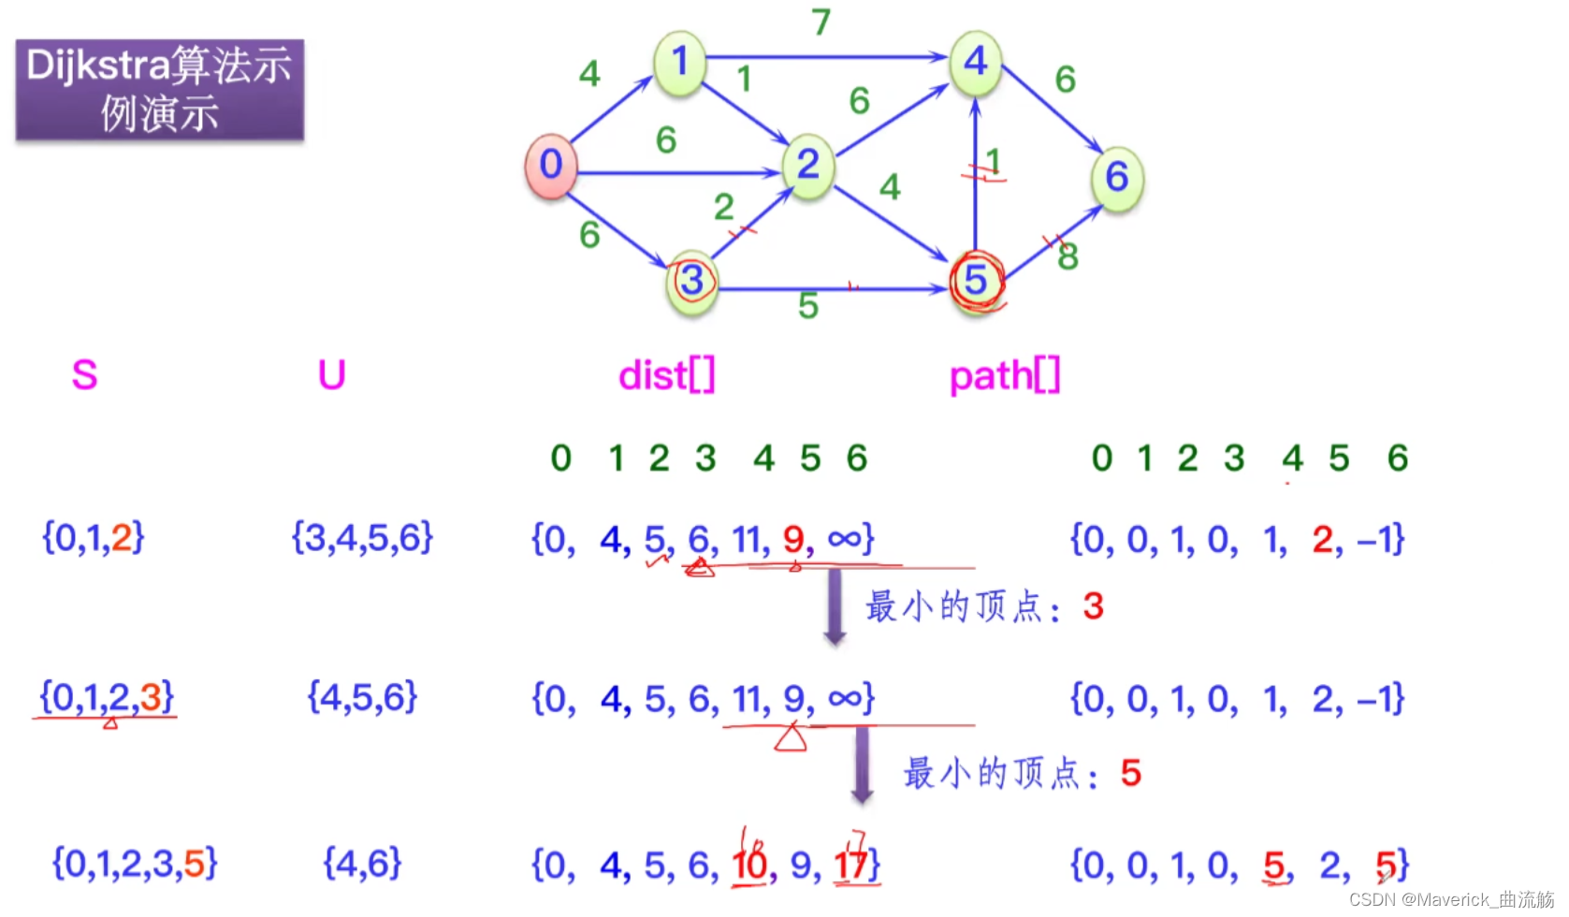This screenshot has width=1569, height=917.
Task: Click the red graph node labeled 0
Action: point(551,166)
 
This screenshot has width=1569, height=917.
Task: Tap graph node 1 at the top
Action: point(679,63)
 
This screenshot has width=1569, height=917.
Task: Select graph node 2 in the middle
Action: point(808,166)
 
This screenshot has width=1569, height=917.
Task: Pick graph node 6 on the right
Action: point(1117,177)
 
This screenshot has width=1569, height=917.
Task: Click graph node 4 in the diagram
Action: point(976,63)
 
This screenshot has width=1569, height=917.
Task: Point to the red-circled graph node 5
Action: point(976,280)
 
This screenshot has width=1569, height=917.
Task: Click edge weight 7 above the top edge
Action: point(821,22)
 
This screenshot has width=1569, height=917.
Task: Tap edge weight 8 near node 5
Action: point(1068,255)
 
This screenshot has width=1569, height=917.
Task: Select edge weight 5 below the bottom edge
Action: point(808,306)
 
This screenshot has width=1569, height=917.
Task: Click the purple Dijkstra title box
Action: point(160,90)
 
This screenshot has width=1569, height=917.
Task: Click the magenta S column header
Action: point(84,375)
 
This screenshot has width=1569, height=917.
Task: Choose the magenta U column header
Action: point(332,375)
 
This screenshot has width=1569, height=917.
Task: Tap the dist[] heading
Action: point(667,375)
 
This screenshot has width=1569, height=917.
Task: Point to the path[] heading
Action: point(1005,376)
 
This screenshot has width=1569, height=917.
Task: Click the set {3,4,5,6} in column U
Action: point(363,538)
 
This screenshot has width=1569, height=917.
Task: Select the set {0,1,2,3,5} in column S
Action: point(135,864)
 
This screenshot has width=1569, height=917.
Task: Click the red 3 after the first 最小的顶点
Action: point(1093,606)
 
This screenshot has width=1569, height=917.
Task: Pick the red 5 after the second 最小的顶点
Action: point(1130,773)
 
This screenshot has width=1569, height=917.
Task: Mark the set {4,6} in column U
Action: point(362,864)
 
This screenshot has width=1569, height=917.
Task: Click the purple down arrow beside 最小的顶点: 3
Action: point(835,607)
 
